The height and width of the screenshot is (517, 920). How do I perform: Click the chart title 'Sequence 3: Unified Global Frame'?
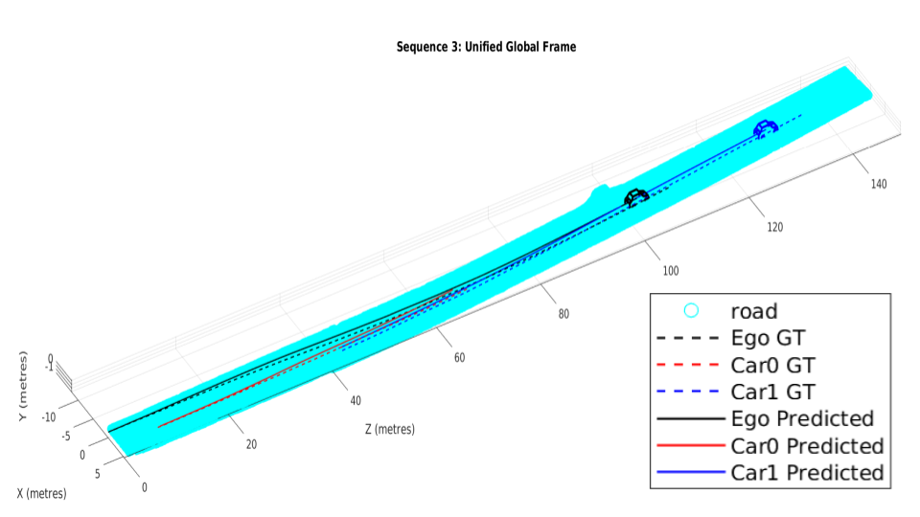(486, 47)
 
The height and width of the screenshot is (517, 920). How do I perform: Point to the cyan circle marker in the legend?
(691, 310)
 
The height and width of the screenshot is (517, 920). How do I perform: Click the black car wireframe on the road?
(636, 197)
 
